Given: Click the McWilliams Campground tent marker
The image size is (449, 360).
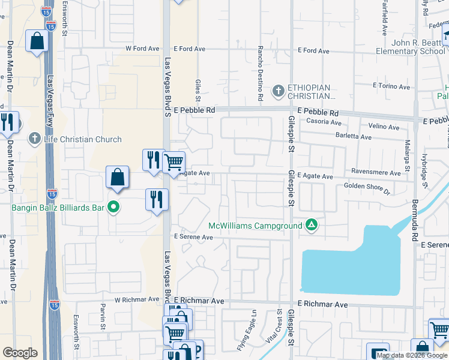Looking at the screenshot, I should click(311, 226).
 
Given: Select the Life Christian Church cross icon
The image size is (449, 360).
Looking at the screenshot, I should click(34, 139).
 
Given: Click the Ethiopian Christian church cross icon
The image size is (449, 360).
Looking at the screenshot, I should click(277, 92).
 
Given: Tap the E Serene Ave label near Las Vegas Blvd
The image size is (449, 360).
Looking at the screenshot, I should click(194, 237).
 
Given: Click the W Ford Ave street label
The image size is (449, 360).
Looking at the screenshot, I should click(142, 49).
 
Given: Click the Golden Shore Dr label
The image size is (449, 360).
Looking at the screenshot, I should click(367, 189).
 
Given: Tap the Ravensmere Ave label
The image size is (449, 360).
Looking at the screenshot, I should click(376, 173).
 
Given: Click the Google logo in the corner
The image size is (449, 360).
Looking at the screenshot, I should click(20, 353).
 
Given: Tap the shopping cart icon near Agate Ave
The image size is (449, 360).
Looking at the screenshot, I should click(173, 161).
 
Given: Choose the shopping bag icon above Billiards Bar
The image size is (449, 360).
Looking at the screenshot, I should click(117, 177).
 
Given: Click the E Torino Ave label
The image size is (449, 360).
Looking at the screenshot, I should click(391, 86).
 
